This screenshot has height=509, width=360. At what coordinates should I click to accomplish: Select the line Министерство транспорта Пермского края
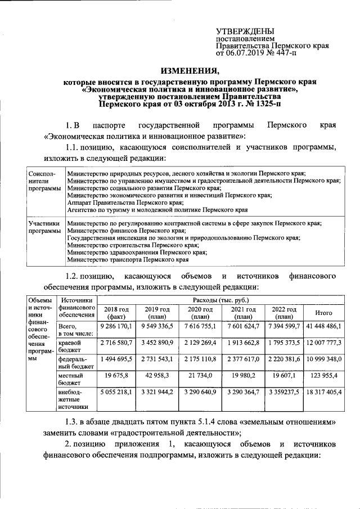click(x=127, y=260)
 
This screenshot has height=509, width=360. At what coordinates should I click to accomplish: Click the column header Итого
click(x=324, y=313)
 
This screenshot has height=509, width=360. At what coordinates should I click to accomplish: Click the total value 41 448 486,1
click(x=324, y=326)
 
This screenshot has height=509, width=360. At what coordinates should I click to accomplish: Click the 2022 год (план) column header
click(x=284, y=313)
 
